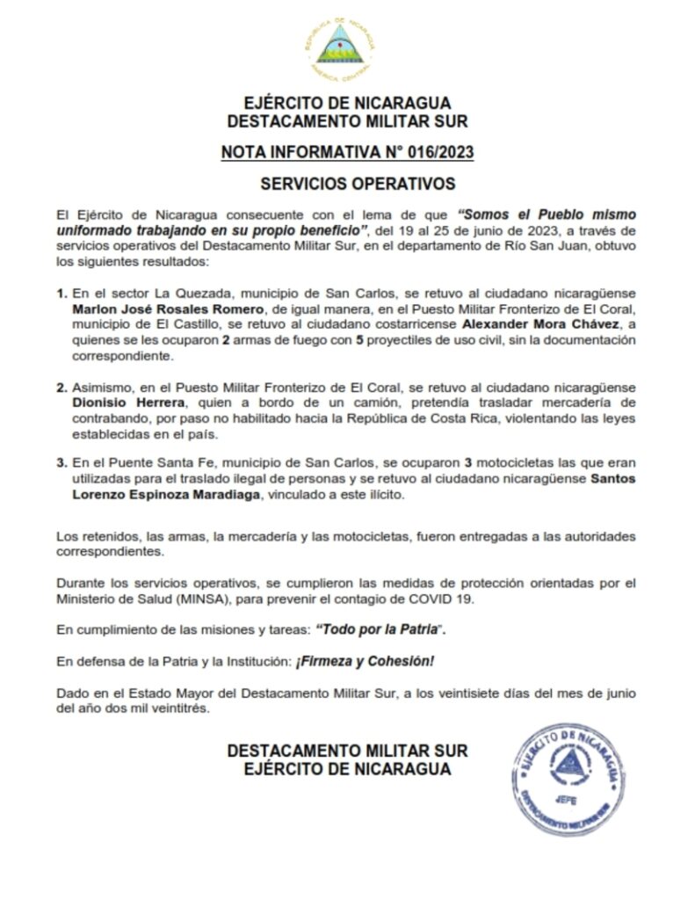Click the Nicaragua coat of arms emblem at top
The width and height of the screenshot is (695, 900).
(344, 44)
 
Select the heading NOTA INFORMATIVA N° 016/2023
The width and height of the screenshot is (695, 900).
(347, 153)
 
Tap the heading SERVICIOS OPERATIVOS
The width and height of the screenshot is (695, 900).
(347, 185)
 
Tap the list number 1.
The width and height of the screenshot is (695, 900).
(61, 293)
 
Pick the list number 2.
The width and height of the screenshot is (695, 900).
(61, 386)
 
